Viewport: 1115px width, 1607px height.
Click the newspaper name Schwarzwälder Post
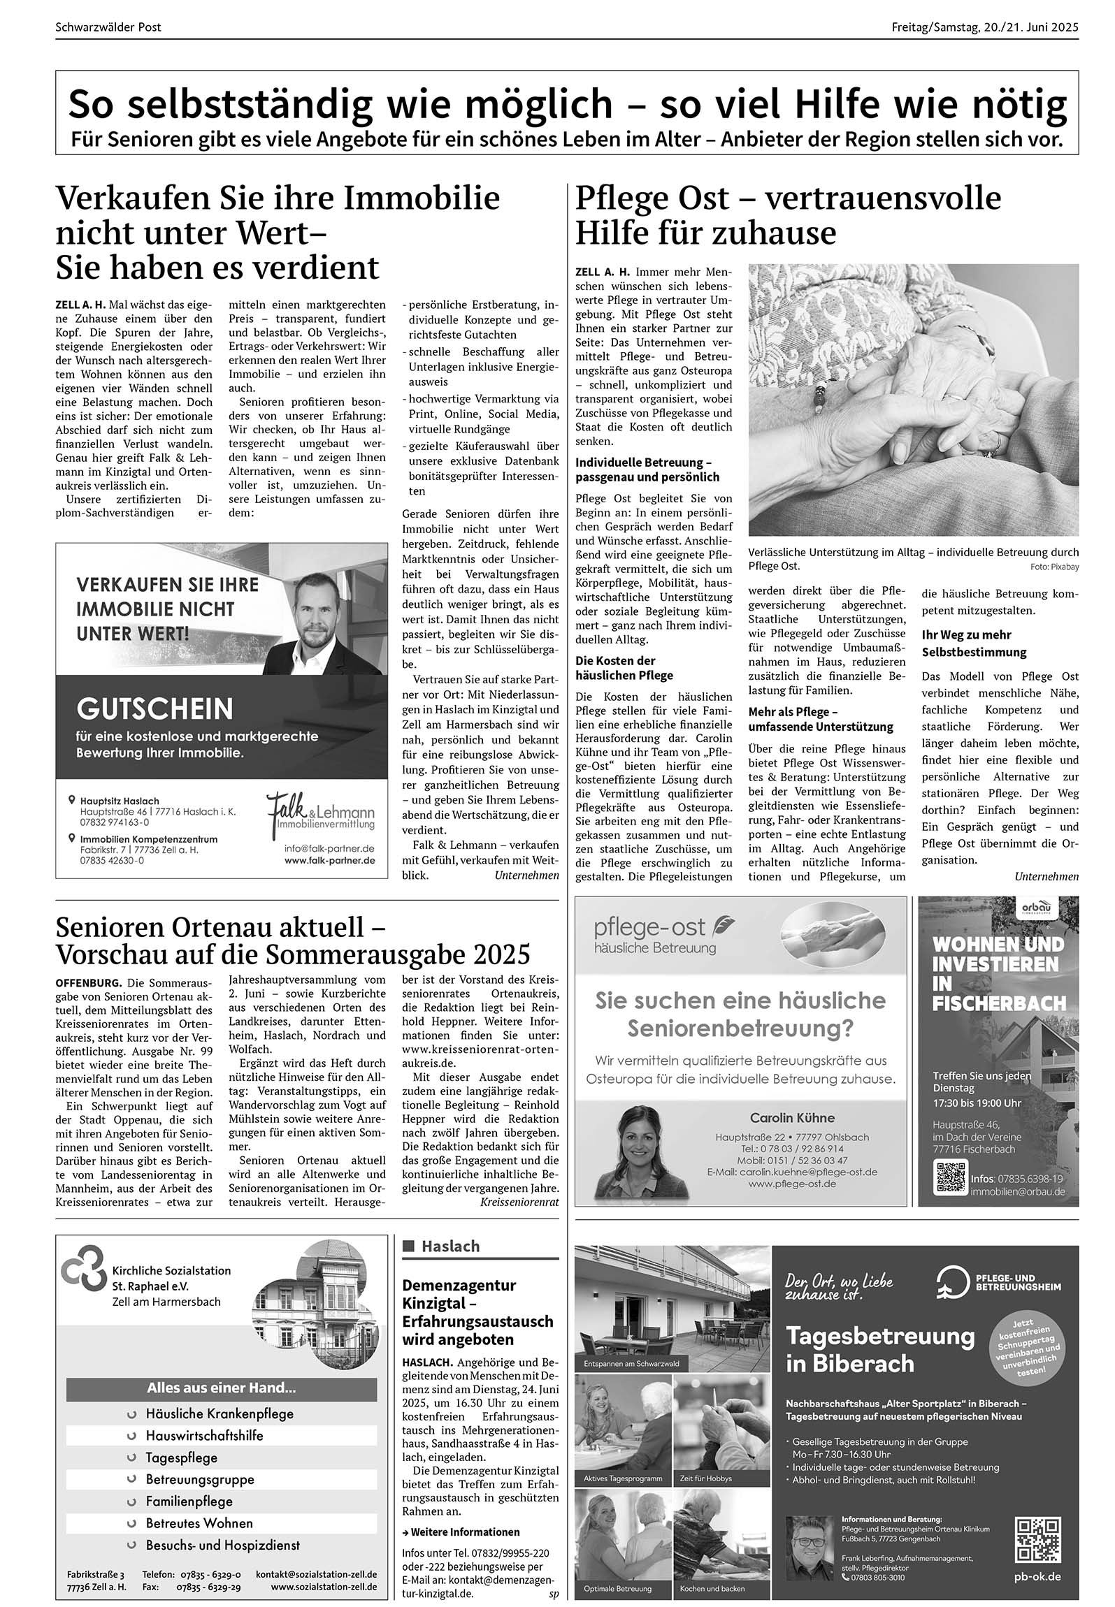click(108, 27)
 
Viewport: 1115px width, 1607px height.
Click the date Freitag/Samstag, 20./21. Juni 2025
click(985, 27)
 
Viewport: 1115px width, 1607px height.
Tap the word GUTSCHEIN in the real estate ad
click(155, 708)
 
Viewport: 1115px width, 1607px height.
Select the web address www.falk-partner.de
click(329, 861)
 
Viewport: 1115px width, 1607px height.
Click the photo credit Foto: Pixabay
click(1054, 567)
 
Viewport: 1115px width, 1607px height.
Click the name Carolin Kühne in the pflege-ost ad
click(792, 1118)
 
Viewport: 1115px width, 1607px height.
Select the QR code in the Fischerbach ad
click(951, 1177)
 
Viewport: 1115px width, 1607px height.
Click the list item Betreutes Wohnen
click(199, 1523)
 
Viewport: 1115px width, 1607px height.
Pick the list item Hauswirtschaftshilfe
click(204, 1435)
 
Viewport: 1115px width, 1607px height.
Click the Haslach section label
click(450, 1246)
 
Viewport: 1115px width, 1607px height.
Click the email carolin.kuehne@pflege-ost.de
click(792, 1172)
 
